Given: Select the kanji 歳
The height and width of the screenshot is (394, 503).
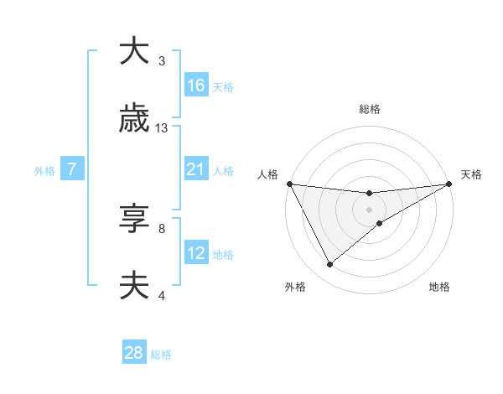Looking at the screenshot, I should pos(135,119).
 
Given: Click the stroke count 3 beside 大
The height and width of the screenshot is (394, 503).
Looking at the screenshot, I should pos(162,61).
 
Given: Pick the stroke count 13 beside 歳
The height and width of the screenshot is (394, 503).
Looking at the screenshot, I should pos(162,128).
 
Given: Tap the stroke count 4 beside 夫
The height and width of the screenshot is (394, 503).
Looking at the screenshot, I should pos(162,296).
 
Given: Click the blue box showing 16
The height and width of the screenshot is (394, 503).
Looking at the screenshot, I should pos(196,86).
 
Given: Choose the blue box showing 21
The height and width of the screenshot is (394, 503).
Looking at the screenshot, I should pos(196,169).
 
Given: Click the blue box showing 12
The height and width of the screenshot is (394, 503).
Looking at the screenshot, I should pos(196,253).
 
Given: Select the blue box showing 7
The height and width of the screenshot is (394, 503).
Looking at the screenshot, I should pos(72,169).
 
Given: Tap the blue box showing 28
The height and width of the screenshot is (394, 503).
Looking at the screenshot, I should pos(134,353).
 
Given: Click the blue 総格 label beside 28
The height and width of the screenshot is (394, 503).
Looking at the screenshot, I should pos(161,355).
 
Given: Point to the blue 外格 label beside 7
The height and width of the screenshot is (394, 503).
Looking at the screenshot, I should pos(44,171).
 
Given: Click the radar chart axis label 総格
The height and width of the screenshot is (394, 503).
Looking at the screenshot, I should pos(369,110).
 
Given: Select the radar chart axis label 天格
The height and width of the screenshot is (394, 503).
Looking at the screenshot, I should pos(471,174).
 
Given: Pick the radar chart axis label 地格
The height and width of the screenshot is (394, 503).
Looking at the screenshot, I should pos(439,288).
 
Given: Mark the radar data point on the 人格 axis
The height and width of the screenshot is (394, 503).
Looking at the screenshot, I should pos(289,184).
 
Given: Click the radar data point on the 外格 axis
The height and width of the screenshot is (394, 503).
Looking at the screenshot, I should pos(329,265).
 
